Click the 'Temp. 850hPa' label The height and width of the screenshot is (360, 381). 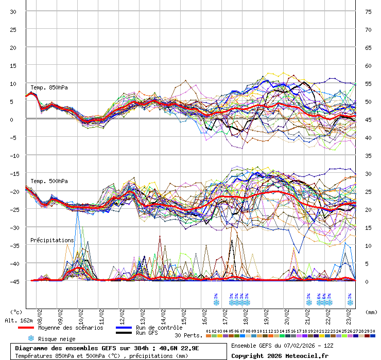click(49, 87)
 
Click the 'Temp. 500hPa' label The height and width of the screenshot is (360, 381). click(49, 181)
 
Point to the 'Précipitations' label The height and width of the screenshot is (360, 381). click(51, 240)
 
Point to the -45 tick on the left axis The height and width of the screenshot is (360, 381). click(13, 281)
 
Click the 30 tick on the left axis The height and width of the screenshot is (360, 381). click(13, 12)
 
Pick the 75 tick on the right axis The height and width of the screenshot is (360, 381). click(368, 12)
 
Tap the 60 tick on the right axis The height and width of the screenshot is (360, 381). click(368, 66)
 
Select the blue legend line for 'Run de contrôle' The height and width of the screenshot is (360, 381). click(124, 328)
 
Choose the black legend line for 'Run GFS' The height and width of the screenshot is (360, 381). click(124, 333)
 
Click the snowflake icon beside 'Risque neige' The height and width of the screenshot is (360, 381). click(31, 338)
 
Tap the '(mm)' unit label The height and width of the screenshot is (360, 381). click(370, 312)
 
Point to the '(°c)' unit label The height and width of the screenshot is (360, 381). click(16, 312)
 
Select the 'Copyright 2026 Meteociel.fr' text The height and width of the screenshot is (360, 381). click(280, 355)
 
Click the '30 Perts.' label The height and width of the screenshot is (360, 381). click(188, 335)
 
